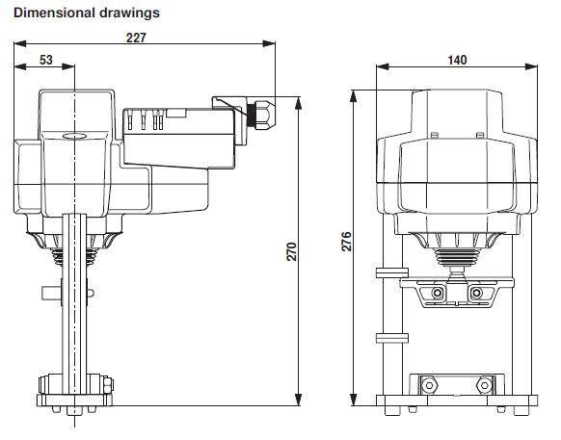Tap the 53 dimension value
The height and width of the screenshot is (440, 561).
point(45,61)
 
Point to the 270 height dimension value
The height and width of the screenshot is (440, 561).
point(290,251)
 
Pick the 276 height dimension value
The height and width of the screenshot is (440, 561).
point(347,242)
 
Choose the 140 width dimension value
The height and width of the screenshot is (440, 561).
point(457,61)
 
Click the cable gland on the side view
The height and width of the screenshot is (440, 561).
point(258,115)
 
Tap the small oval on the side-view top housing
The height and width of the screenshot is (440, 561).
point(74,137)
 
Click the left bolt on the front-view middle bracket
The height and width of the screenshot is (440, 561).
point(440,293)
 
